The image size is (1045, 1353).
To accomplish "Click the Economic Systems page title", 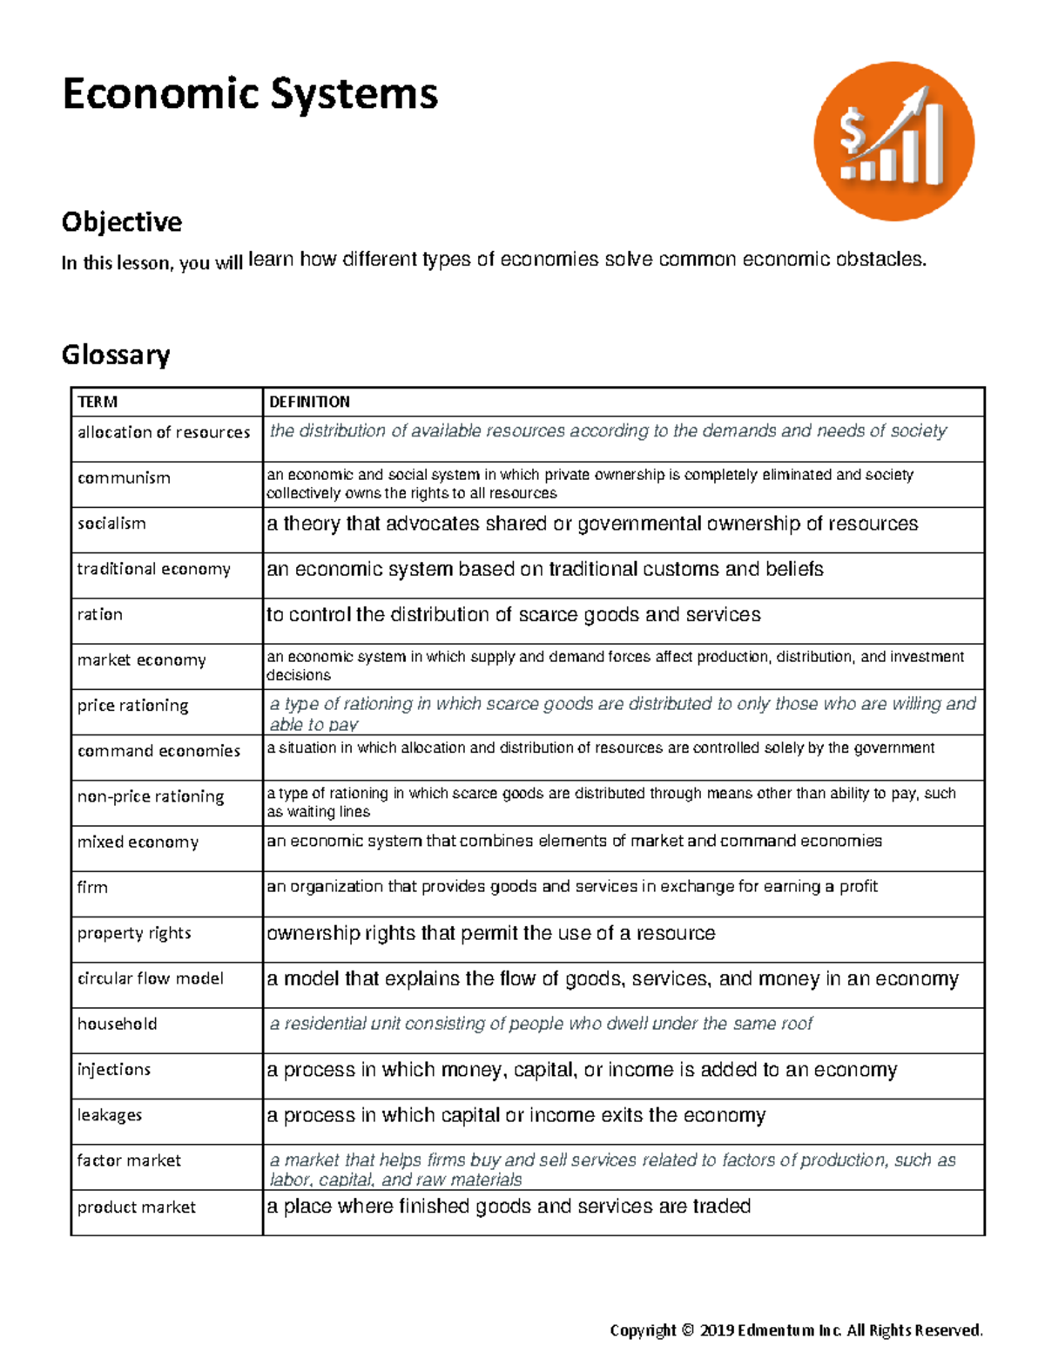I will pyautogui.click(x=250, y=94).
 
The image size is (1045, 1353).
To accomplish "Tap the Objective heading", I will pyautogui.click(x=121, y=222).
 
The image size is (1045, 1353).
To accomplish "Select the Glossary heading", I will pyautogui.click(x=115, y=355).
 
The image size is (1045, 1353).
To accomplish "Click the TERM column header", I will pyautogui.click(x=97, y=402).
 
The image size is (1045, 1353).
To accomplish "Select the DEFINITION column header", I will pyautogui.click(x=309, y=402).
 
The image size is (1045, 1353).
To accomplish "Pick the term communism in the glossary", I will pyautogui.click(x=124, y=477).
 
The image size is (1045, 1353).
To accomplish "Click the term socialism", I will pyautogui.click(x=111, y=524).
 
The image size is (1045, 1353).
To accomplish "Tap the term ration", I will pyautogui.click(x=99, y=614).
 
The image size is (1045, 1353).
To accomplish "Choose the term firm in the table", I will pyautogui.click(x=92, y=887).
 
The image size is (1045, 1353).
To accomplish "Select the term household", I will pyautogui.click(x=117, y=1024).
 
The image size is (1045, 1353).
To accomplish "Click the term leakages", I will pyautogui.click(x=109, y=1115).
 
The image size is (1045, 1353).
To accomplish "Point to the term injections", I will pyautogui.click(x=113, y=1069).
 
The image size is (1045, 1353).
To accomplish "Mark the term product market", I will pyautogui.click(x=136, y=1207).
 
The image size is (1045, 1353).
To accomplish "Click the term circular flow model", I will pyautogui.click(x=150, y=978).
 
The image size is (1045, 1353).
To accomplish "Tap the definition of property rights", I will pyautogui.click(x=490, y=933).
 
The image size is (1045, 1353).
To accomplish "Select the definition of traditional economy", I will pyautogui.click(x=544, y=569).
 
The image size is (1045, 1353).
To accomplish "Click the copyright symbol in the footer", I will pyautogui.click(x=687, y=1329).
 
